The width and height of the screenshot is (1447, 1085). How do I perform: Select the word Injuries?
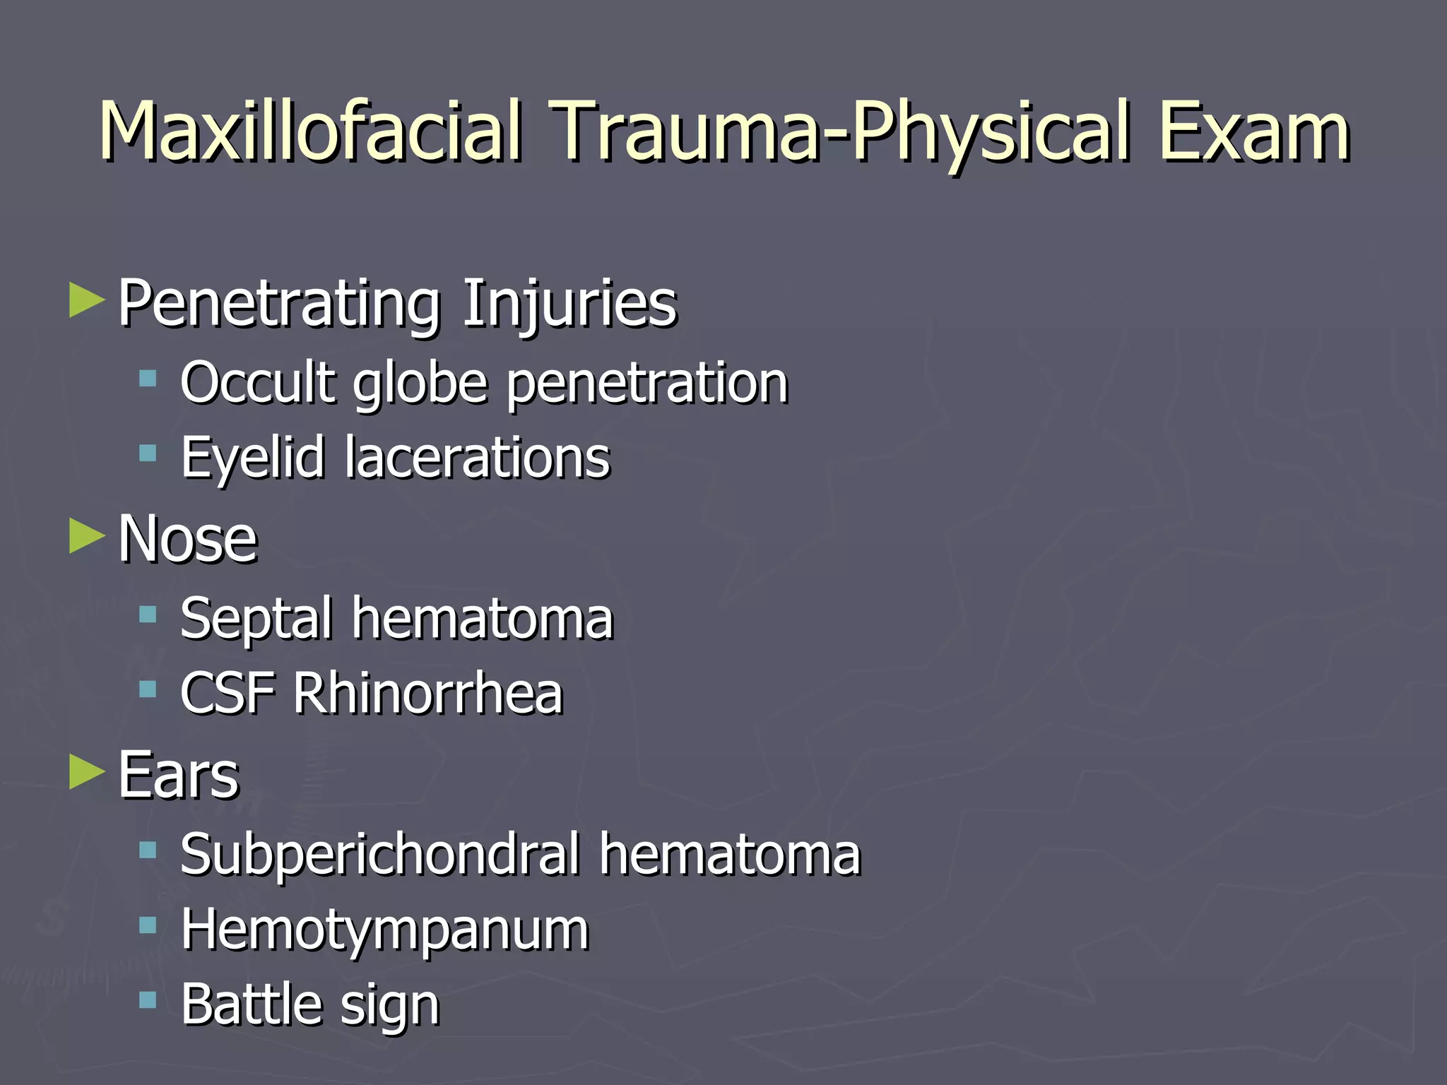coord(569,304)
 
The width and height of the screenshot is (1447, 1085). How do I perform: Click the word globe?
coord(420,384)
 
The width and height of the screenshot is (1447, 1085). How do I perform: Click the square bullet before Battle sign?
coord(148,1000)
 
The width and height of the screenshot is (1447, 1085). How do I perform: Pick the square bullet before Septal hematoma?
coord(148,614)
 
